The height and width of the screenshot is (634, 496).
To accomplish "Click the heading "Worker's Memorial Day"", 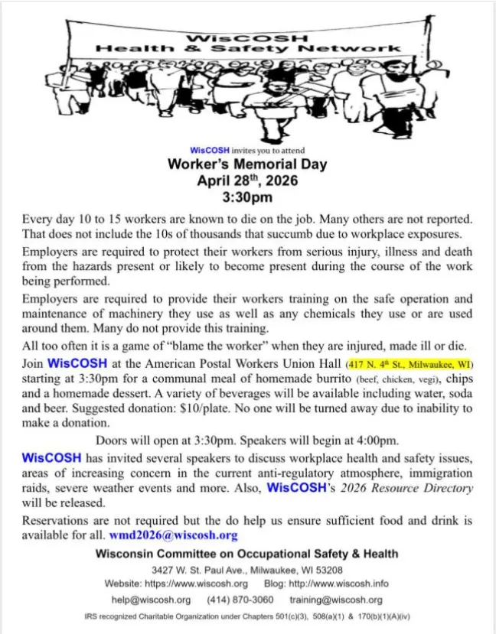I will [247, 164].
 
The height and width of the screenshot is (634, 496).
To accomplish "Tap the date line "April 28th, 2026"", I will [247, 181].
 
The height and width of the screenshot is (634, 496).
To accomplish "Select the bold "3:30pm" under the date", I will [247, 198].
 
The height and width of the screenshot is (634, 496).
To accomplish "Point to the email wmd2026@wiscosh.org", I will [173, 535].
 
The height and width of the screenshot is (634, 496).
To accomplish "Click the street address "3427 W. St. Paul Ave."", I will [204, 569].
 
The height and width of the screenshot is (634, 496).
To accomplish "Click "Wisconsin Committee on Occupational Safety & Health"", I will [247, 554].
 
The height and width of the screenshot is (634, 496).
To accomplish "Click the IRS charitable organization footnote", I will [247, 616].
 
